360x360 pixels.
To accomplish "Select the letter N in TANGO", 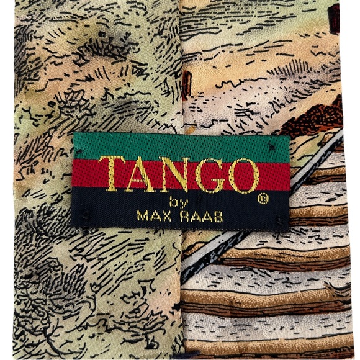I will [177, 175].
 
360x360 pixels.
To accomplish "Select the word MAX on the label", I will [150, 217].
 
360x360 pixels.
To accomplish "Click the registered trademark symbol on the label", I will [263, 200].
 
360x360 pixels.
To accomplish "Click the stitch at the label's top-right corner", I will [271, 144].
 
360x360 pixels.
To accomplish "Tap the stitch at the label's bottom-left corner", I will [85, 216].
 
